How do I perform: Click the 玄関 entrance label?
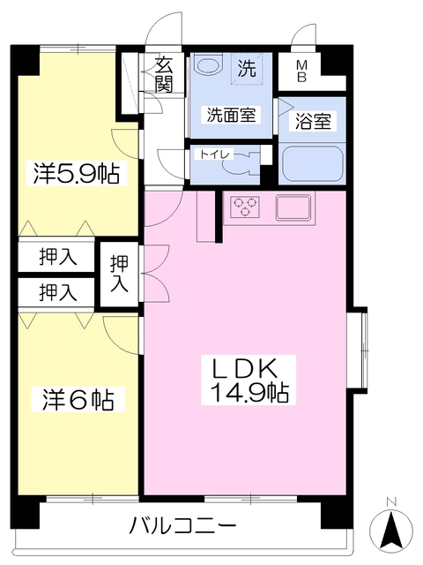164,73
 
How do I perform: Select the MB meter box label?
301,71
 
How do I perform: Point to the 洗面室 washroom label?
232,115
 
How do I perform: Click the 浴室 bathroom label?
314,123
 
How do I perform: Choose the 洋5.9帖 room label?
77,173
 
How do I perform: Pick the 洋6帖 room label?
78,399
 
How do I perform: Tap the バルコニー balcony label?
182,527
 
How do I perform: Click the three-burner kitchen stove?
245,207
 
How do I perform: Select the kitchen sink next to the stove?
294,207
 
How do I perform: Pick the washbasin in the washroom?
209,68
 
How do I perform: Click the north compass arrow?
391,531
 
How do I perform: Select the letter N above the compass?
391,503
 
